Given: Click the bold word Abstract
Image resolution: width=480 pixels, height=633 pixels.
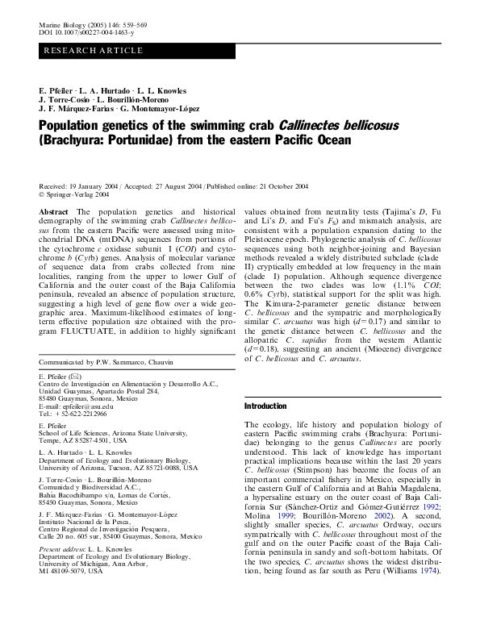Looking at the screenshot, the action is click(x=53, y=210).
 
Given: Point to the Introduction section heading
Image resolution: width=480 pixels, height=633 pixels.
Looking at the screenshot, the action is click(x=265, y=406).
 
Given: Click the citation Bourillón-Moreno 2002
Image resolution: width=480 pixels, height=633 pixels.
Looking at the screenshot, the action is click(x=358, y=514).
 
